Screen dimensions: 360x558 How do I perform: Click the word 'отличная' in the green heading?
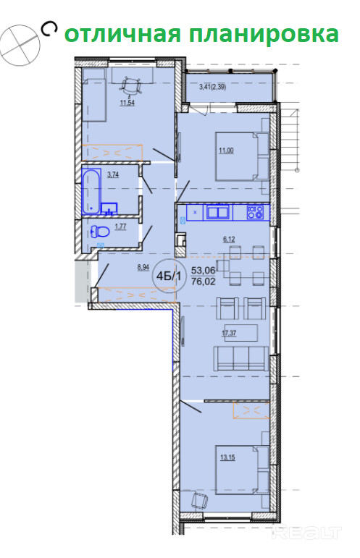122,35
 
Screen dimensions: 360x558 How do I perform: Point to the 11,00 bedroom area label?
226,151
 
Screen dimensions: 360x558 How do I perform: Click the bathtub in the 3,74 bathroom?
91,192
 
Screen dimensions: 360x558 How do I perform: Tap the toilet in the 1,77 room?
100,232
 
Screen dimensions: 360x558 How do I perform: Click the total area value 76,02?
204,282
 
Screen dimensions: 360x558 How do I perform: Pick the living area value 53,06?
204,271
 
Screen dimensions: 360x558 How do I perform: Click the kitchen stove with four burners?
255,213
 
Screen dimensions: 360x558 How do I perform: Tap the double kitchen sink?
218,213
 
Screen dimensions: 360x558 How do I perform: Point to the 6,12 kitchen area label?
229,240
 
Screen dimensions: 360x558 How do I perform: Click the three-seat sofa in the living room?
240,359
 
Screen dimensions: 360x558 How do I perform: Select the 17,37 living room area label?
230,334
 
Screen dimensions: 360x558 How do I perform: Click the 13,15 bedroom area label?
227,457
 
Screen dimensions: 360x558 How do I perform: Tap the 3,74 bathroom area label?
113,174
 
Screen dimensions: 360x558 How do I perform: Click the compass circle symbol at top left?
20,45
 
